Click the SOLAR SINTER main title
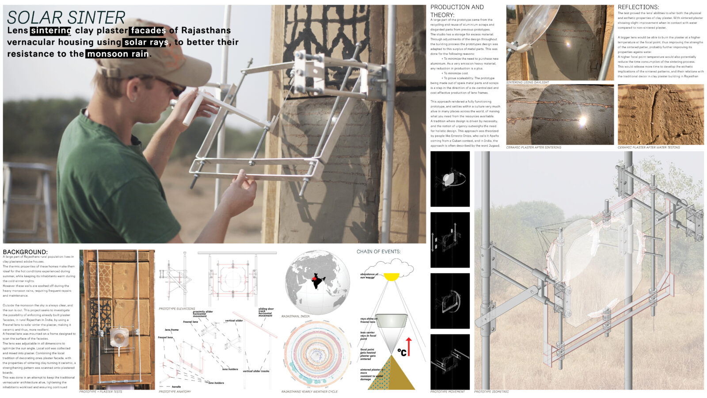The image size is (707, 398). coord(66,17)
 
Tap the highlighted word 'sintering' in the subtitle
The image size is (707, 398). coord(51,31)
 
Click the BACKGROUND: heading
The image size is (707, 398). coord(25,252)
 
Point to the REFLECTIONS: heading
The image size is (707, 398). coord(638,7)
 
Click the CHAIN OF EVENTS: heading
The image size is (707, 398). coord(379,252)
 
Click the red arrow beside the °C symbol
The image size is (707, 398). coord(409,346)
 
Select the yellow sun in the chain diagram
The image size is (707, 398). coord(391,277)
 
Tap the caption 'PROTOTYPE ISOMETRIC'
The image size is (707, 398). coord(491,392)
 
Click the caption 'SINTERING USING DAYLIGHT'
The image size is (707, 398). coord(528,83)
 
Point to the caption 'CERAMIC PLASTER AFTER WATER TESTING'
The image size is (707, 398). coord(649,147)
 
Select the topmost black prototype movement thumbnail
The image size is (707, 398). coord(450,179)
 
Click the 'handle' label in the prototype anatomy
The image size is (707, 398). coord(176,387)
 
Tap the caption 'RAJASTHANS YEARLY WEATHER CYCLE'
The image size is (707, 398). coord(309,392)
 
